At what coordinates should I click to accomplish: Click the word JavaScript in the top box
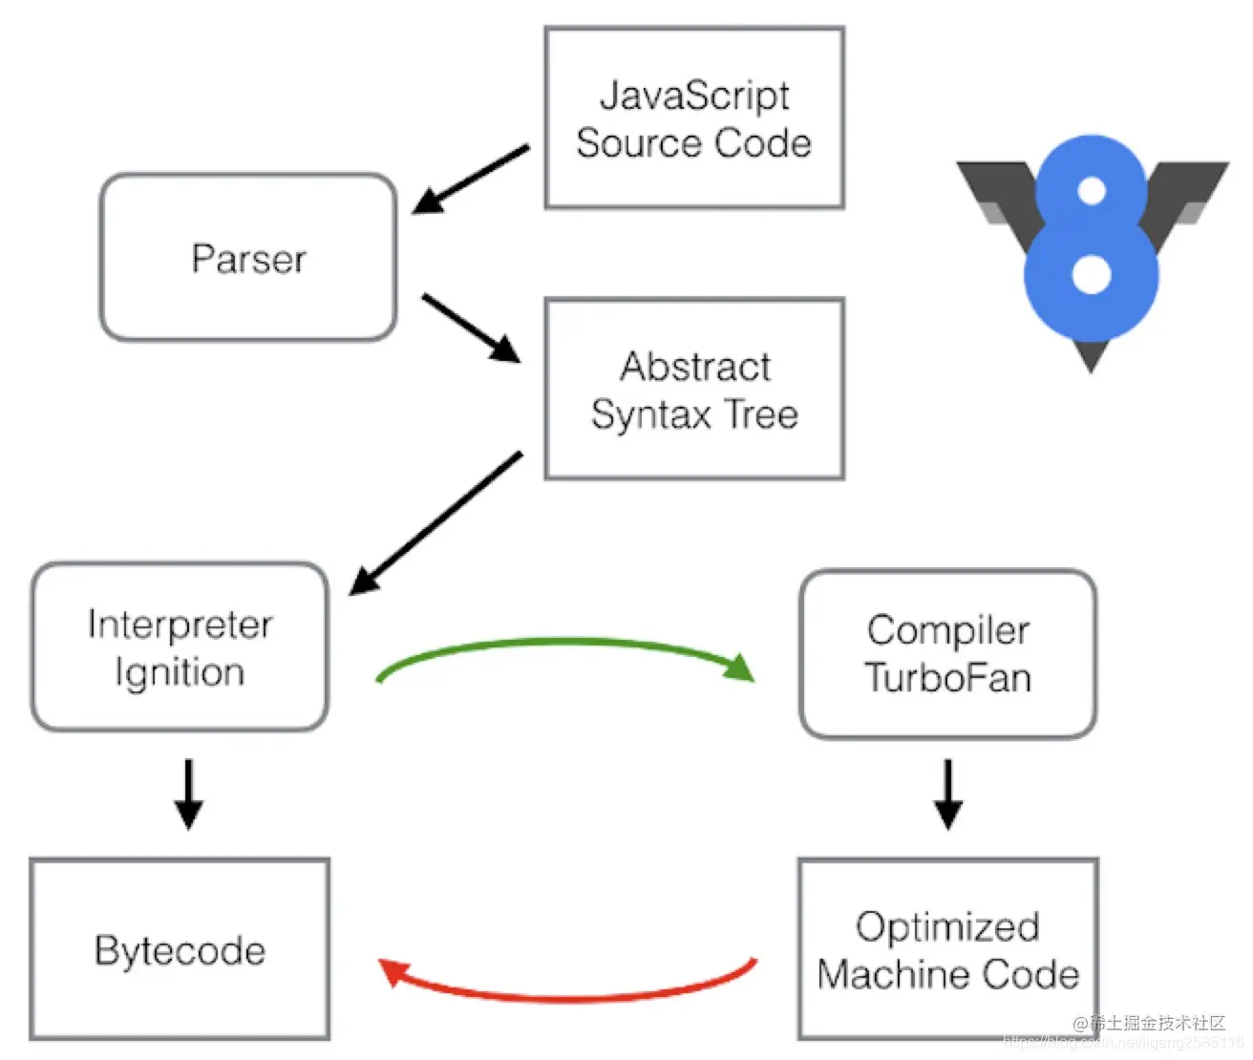point(694,96)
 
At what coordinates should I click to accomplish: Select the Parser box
point(248,258)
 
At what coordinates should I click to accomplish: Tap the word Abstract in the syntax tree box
point(695,367)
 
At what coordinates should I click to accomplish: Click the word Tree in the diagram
point(760,414)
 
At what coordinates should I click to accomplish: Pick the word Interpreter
point(180,625)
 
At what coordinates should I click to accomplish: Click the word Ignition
point(180,672)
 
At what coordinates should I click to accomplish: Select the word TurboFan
point(947,678)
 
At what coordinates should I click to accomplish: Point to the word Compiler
point(947,630)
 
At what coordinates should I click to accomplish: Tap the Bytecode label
point(180,950)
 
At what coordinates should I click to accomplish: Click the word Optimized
point(947,926)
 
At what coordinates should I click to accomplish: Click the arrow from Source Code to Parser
point(471,180)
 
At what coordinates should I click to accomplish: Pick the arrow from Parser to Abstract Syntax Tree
point(471,328)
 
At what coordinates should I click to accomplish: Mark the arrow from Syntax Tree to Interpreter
point(436,522)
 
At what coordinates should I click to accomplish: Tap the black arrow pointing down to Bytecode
point(188,793)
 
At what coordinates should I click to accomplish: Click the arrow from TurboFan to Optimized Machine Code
point(947,793)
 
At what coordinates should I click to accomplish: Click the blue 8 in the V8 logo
point(1091,239)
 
